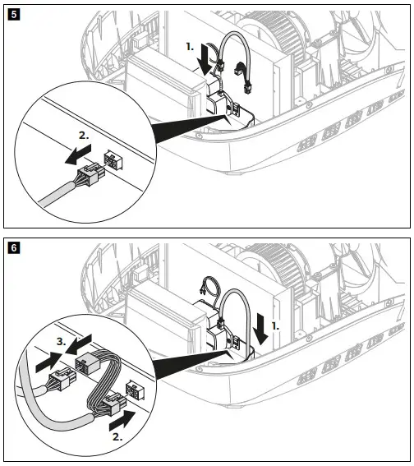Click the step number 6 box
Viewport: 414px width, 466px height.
[11, 245]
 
